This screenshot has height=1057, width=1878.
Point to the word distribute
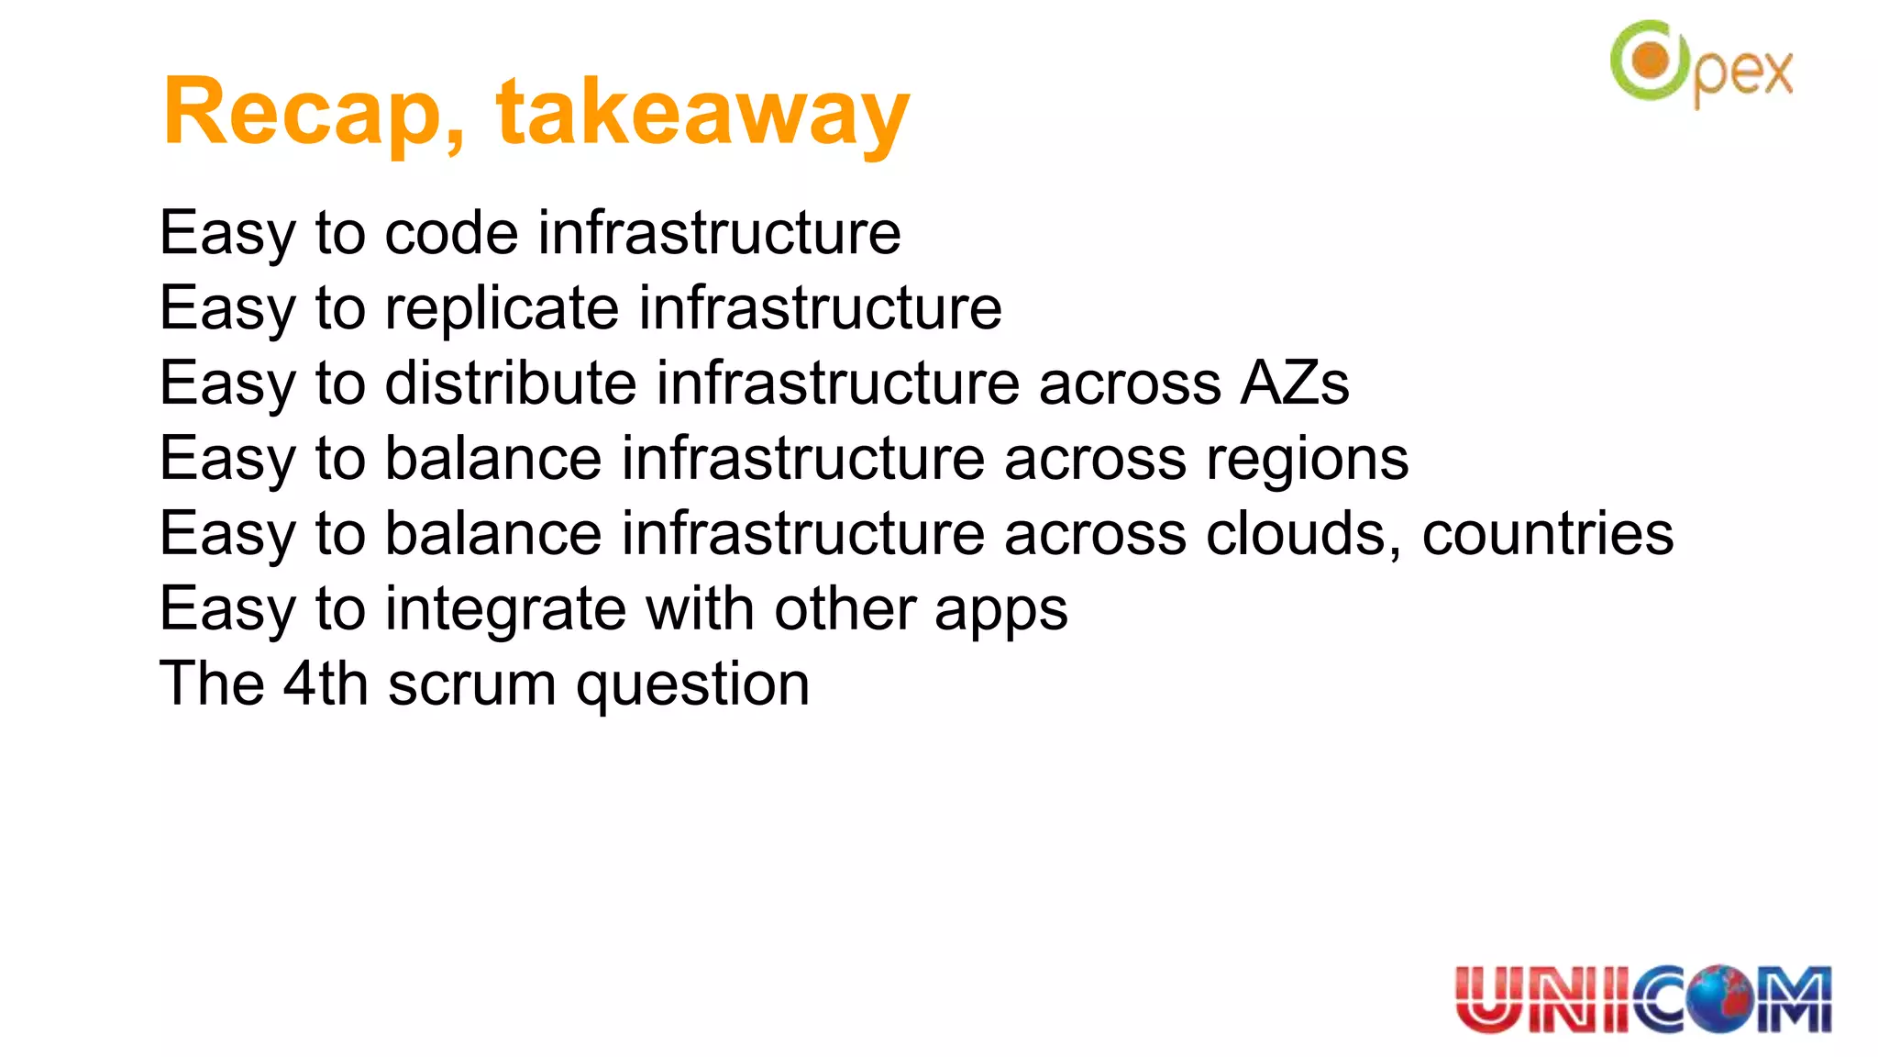point(511,383)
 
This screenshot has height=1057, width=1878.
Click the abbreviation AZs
point(1294,383)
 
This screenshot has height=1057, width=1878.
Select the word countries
point(1547,533)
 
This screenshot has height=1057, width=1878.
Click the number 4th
point(325,684)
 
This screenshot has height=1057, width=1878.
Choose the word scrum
point(471,685)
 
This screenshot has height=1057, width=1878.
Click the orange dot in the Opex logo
point(1652,61)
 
